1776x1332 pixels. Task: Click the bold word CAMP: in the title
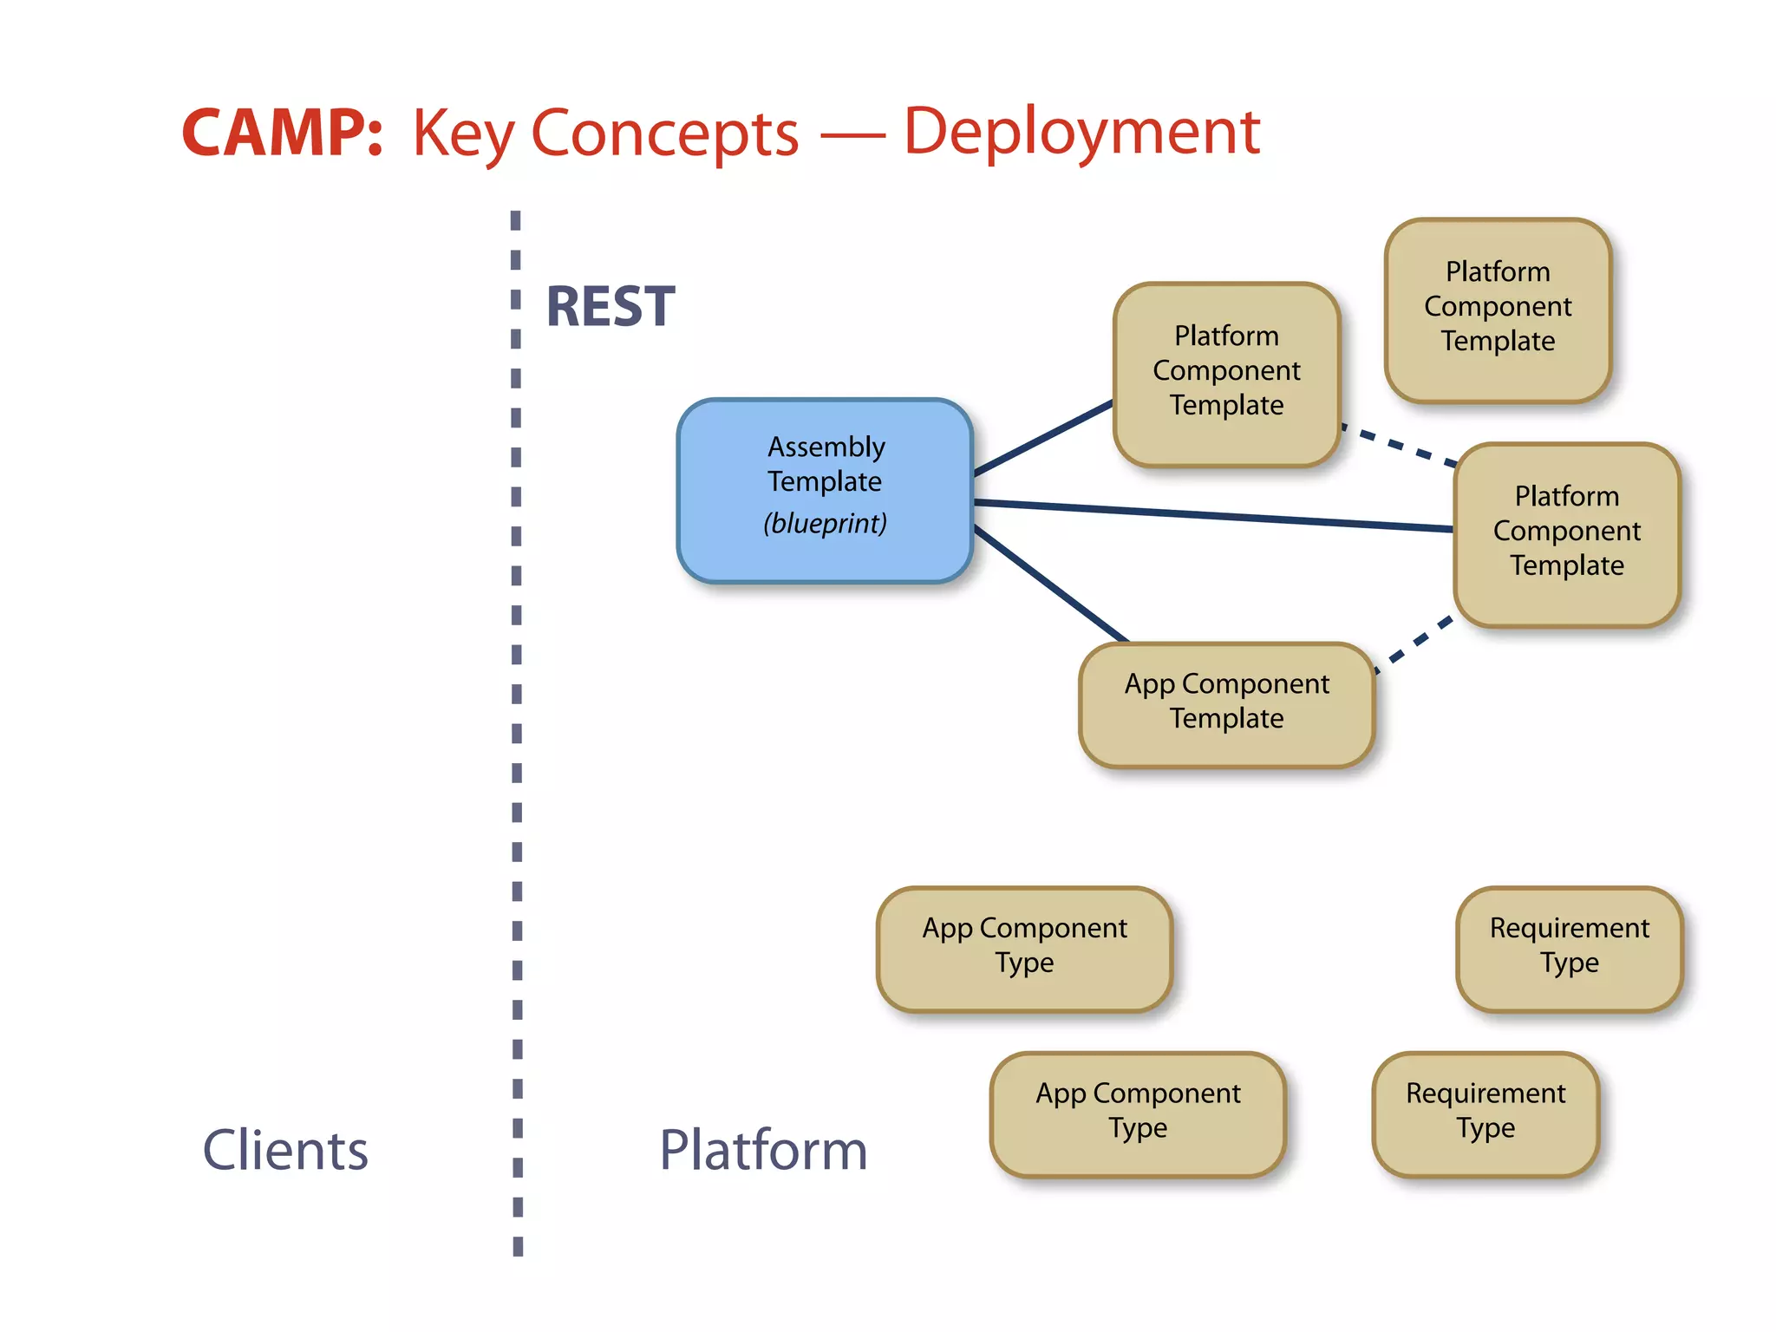pos(282,134)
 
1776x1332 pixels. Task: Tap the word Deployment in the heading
pos(1081,133)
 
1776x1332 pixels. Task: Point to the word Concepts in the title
pos(664,134)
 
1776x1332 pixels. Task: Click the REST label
pos(610,307)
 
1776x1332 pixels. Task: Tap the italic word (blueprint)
pos(825,524)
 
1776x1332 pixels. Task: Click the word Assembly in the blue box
pos(826,447)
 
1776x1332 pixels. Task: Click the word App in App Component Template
pos(1149,684)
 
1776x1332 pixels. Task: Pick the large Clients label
pos(285,1150)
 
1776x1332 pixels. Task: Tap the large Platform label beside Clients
pos(763,1150)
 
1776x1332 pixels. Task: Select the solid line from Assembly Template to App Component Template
pos(1049,584)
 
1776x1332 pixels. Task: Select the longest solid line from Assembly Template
pos(1214,515)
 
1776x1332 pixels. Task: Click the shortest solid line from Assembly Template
pos(1044,438)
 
